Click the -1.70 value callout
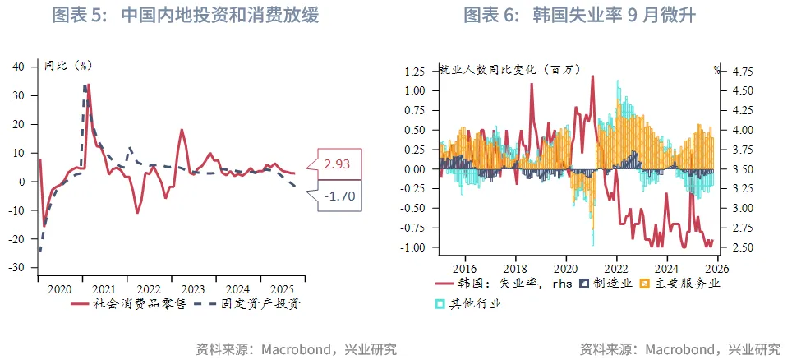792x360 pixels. pyautogui.click(x=338, y=196)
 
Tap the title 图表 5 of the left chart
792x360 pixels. pyautogui.click(x=185, y=15)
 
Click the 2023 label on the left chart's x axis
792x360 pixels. pyautogui.click(x=193, y=288)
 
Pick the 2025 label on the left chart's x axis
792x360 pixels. pyautogui.click(x=283, y=288)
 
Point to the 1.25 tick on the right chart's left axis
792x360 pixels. pyautogui.click(x=414, y=71)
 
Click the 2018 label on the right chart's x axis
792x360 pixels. pyautogui.click(x=516, y=268)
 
